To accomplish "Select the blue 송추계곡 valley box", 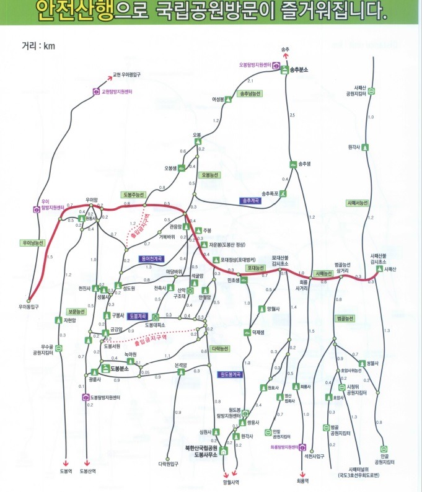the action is (252, 201).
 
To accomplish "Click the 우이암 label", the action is (92, 199).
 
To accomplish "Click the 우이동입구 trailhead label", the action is (29, 306).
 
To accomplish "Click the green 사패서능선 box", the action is (358, 203).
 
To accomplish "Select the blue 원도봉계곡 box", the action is (229, 374).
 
